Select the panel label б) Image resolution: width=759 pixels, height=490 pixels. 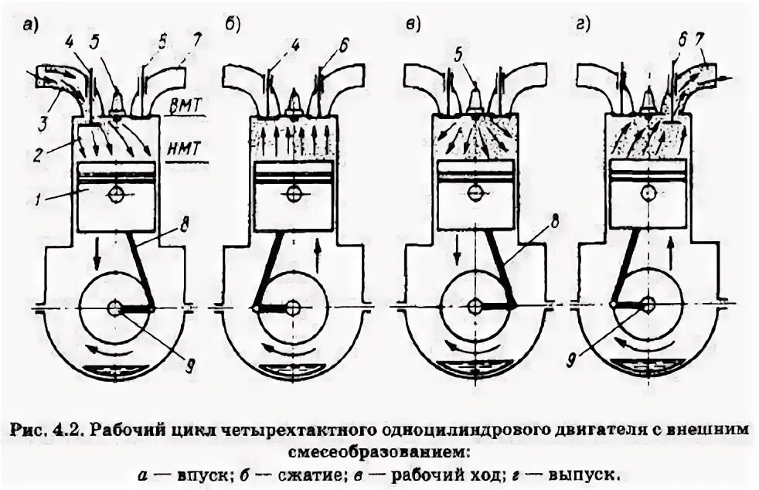coord(232,25)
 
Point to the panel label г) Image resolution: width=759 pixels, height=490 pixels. coord(583,25)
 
